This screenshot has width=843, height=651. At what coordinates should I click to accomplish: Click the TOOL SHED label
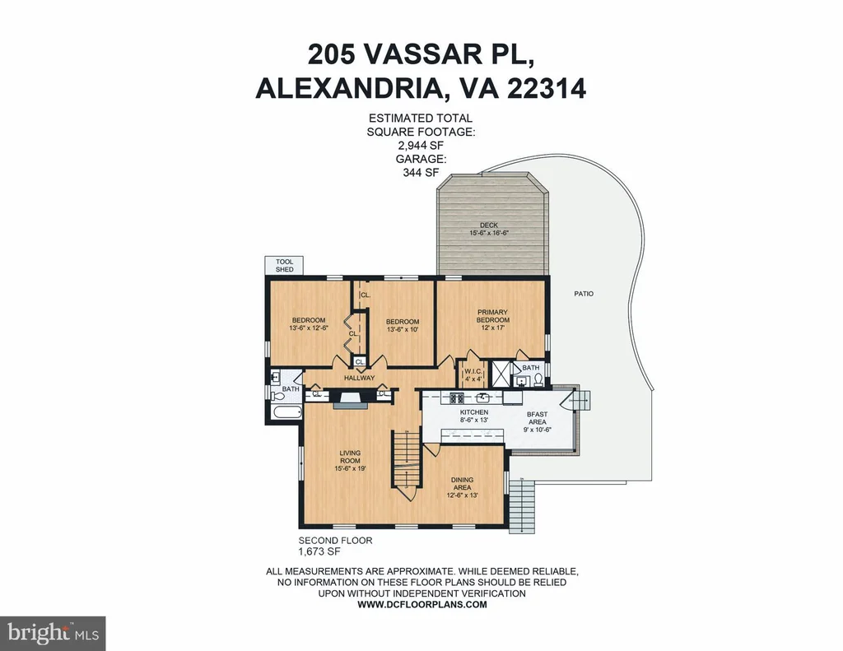tap(284, 266)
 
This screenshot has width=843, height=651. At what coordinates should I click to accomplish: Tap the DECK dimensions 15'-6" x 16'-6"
tap(489, 233)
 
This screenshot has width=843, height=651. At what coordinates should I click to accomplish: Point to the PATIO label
tap(584, 294)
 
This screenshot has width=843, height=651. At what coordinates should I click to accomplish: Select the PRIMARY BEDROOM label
tap(492, 315)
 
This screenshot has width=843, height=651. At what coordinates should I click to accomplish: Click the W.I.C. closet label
tap(473, 371)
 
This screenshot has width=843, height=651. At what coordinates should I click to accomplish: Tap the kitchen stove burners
tap(457, 398)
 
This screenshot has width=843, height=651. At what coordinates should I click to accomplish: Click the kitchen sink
tap(482, 398)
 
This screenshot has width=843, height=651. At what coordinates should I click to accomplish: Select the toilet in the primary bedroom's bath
tap(538, 380)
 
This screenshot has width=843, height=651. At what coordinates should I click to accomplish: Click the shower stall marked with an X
tap(501, 372)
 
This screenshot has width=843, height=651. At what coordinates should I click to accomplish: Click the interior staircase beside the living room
tap(407, 466)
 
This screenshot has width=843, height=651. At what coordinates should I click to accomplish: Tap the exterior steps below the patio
tap(521, 506)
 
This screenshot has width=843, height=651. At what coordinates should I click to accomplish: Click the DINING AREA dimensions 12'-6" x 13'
tap(463, 495)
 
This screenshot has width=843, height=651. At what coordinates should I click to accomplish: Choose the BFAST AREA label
tap(537, 418)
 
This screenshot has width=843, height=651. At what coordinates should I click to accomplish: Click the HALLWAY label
tap(359, 378)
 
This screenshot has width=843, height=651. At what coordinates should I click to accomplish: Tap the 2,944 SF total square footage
tap(421, 145)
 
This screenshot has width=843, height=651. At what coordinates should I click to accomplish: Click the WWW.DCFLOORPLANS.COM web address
tap(422, 604)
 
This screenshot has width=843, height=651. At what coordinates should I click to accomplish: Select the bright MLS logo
tap(53, 633)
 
